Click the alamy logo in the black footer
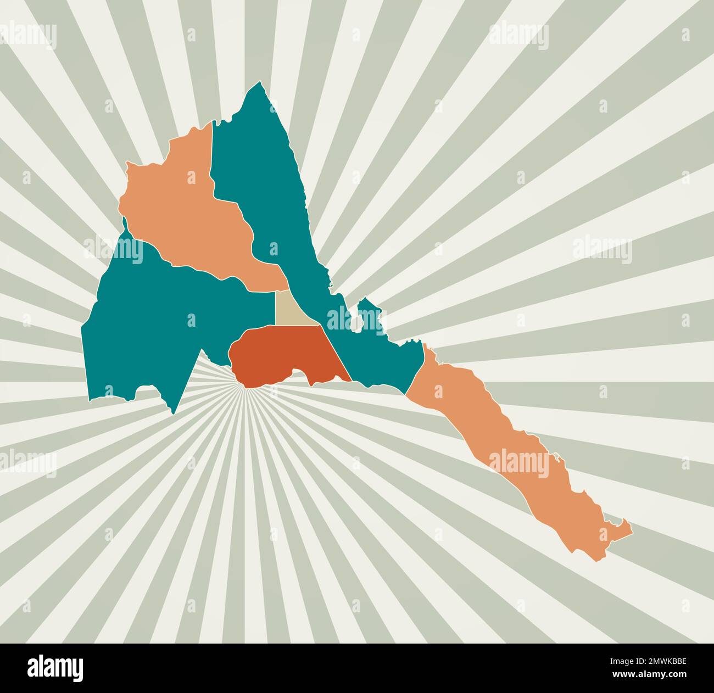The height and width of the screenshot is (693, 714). point(55,668)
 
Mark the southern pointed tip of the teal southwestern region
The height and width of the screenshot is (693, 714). point(174,412)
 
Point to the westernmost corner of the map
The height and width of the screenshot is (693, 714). point(82,329)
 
